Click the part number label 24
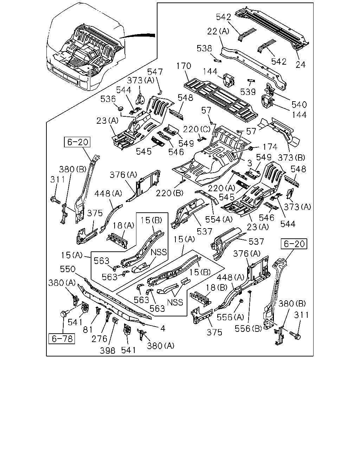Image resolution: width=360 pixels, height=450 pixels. pyautogui.click(x=300, y=65)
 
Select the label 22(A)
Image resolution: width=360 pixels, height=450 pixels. pyautogui.click(x=218, y=31)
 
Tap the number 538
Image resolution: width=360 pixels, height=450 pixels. pyautogui.click(x=204, y=49)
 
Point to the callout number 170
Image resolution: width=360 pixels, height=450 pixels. pyautogui.click(x=184, y=66)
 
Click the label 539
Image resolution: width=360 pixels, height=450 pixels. pyautogui.click(x=248, y=92)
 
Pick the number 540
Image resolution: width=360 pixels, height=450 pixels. pyautogui.click(x=299, y=104)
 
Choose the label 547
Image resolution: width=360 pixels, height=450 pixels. pyautogui.click(x=155, y=72)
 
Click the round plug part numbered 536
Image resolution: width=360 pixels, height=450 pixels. pyautogui.click(x=121, y=109)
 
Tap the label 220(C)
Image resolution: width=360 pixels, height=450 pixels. pyautogui.click(x=197, y=129)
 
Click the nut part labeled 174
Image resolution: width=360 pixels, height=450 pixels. pyautogui.click(x=250, y=149)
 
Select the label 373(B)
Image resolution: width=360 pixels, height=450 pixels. pyautogui.click(x=291, y=157)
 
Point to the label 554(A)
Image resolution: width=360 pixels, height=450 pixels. pyautogui.click(x=219, y=219)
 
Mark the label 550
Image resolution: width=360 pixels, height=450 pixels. pyautogui.click(x=67, y=269)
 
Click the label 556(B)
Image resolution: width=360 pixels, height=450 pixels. pyautogui.click(x=248, y=329)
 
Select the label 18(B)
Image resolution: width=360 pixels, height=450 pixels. pyautogui.click(x=217, y=288)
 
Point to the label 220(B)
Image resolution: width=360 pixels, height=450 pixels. pyautogui.click(x=169, y=193)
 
